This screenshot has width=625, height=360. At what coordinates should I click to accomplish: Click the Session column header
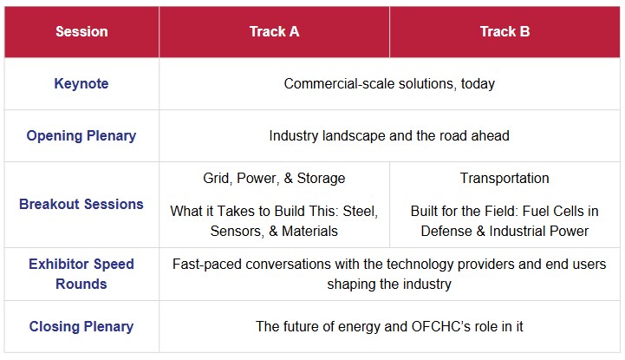[81, 31]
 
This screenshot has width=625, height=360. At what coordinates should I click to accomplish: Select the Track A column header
[274, 31]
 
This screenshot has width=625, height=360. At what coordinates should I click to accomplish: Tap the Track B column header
[505, 31]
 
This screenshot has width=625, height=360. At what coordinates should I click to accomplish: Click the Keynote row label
[81, 84]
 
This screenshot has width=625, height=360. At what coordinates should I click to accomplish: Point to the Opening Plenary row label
[81, 136]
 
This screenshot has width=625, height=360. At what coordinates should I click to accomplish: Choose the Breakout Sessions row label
[81, 204]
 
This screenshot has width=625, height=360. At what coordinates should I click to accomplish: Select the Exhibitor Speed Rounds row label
[81, 274]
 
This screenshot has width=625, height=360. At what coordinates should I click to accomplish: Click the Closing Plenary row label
[81, 326]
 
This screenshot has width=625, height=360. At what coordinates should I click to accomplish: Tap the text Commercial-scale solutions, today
[389, 84]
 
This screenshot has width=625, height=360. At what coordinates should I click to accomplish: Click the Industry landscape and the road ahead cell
[389, 136]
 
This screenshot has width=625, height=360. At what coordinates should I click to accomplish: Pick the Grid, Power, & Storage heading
[274, 178]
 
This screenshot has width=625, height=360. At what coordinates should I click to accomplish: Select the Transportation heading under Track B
[505, 178]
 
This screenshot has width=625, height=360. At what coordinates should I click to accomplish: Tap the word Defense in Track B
[446, 232]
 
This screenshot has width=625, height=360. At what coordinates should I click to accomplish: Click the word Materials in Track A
[309, 232]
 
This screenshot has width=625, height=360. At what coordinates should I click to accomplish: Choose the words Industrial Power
[539, 232]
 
